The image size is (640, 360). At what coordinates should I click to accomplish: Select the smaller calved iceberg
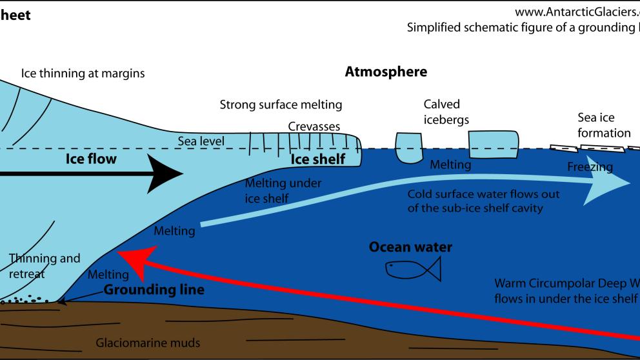click(408, 148)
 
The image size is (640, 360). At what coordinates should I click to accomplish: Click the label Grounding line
click(155, 290)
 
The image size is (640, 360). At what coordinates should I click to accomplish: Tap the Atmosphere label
click(386, 72)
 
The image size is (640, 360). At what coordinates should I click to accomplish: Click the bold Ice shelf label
click(317, 159)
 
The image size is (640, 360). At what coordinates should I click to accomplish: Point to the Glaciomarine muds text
click(148, 343)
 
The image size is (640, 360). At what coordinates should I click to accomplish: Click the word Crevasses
click(314, 127)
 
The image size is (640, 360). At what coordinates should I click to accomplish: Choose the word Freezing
click(590, 167)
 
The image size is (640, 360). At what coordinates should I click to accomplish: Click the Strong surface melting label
click(281, 105)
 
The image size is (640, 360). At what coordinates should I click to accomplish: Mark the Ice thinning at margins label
click(83, 74)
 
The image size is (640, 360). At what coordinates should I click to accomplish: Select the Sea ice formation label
click(604, 125)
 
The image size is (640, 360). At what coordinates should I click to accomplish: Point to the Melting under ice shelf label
click(283, 191)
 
